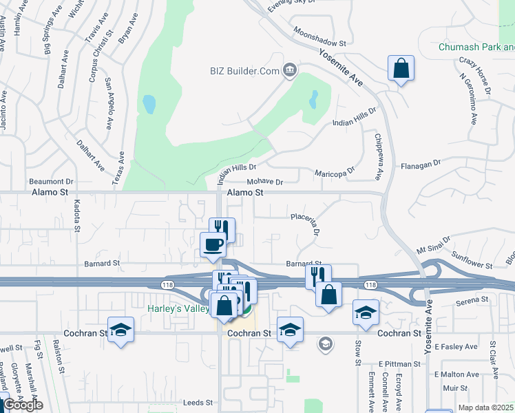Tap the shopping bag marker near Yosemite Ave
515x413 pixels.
tap(400, 69)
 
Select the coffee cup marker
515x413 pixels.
tap(213, 244)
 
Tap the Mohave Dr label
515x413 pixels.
tap(265, 182)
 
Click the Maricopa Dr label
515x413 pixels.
tap(335, 172)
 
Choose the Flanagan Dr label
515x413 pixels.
tap(421, 165)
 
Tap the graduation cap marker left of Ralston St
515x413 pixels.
tap(120, 330)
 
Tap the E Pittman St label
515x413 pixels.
tap(399, 363)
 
